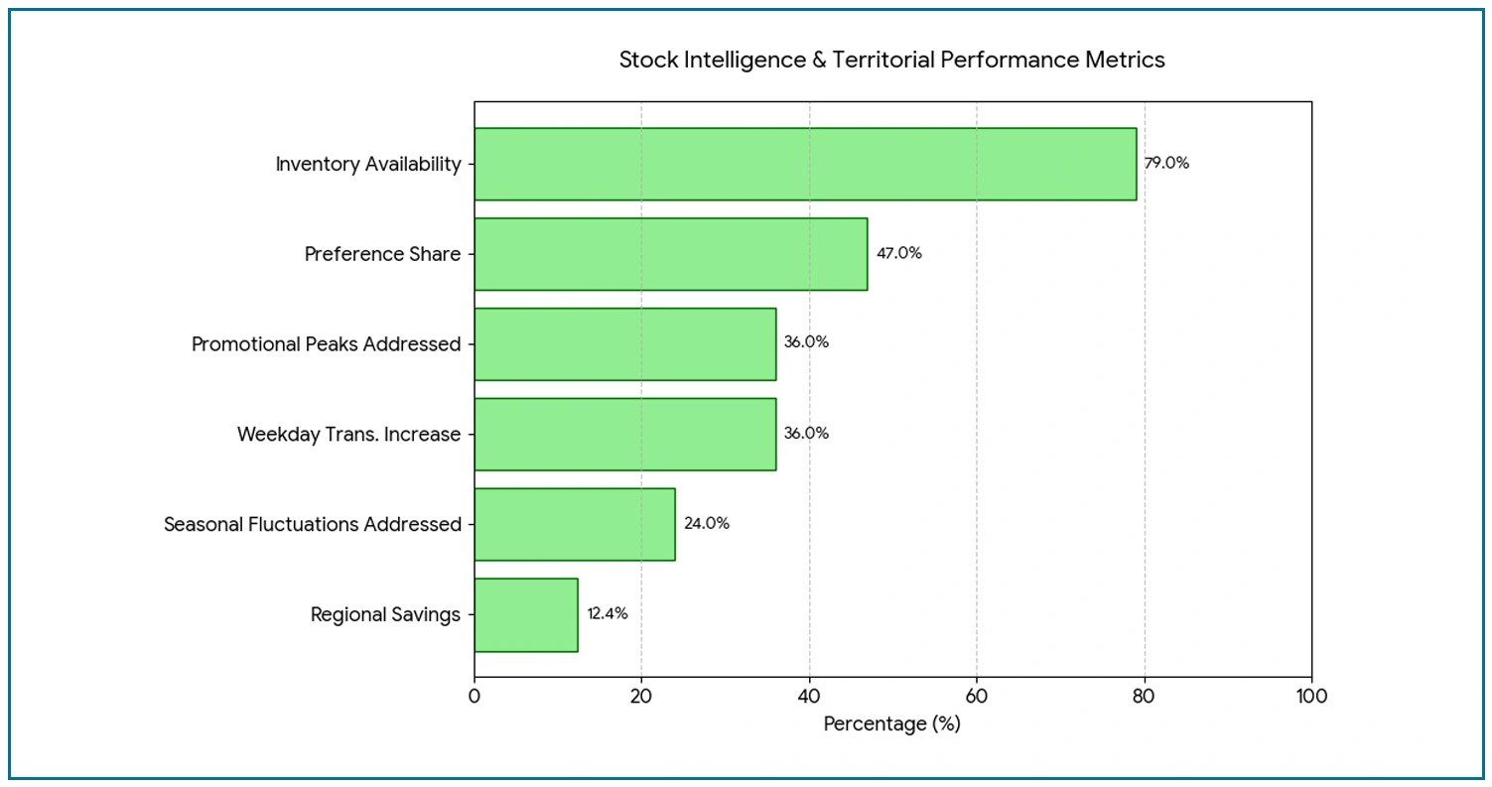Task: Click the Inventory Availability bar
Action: (x=804, y=164)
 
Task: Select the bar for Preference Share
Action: (x=670, y=254)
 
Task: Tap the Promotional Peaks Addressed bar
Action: (x=624, y=343)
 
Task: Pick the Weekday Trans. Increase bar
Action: (x=624, y=434)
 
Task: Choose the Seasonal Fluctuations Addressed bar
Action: (x=574, y=524)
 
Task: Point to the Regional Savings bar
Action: (x=525, y=614)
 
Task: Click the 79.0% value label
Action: (x=1166, y=164)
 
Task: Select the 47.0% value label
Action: (x=898, y=254)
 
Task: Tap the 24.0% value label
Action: (x=707, y=524)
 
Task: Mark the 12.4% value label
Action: (x=608, y=614)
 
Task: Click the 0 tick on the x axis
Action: (x=475, y=696)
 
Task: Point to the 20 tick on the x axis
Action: (x=641, y=696)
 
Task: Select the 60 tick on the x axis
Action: (x=977, y=696)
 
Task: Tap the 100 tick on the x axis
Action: (x=1311, y=696)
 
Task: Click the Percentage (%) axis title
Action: (x=891, y=724)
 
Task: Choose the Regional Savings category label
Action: (x=385, y=615)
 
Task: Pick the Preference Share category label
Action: (x=382, y=255)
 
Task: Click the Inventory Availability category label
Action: (x=368, y=165)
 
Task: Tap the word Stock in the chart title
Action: (x=645, y=60)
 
